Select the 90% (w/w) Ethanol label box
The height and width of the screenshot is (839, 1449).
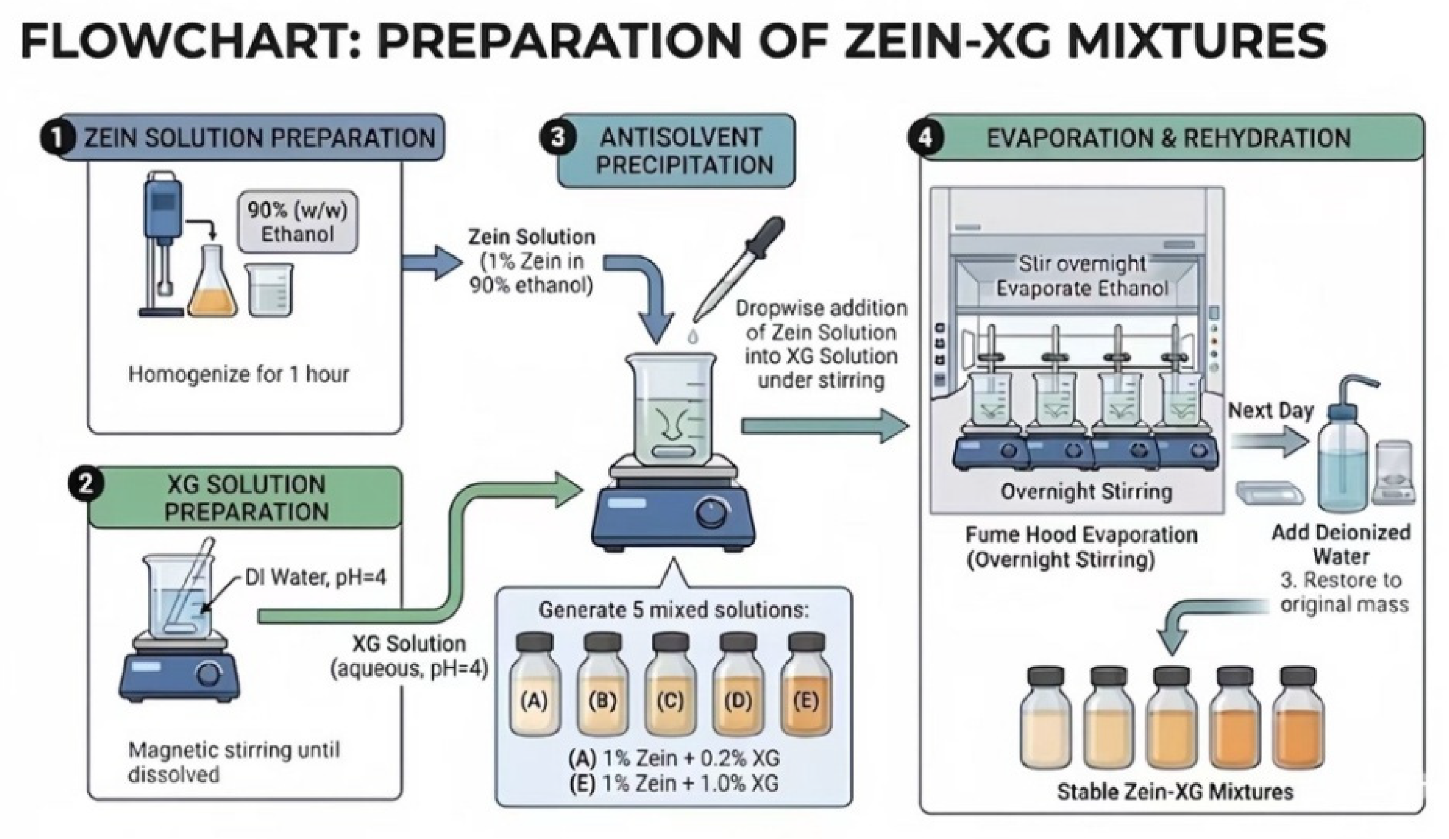[x=297, y=222]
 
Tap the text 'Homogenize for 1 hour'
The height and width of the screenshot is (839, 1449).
[x=238, y=374]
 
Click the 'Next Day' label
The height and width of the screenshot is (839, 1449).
[x=1271, y=411]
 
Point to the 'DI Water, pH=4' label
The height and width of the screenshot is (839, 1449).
[x=316, y=577]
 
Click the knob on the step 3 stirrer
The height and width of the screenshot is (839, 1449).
[x=712, y=513]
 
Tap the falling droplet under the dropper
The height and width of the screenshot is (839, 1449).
[x=694, y=337]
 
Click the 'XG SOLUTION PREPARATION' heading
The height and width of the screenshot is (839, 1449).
[x=246, y=499]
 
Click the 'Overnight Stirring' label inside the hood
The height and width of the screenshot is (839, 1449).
[x=1086, y=491]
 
